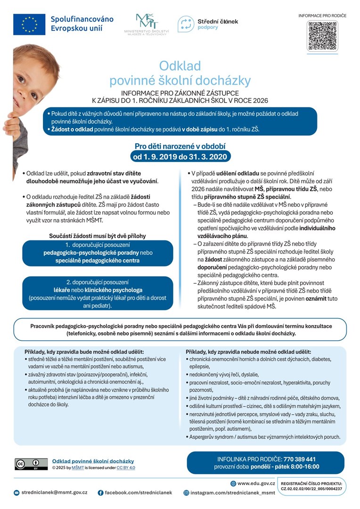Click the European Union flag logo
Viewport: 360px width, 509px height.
coord(29,24)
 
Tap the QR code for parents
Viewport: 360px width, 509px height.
coord(322,36)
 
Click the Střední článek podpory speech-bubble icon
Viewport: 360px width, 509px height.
coord(186,24)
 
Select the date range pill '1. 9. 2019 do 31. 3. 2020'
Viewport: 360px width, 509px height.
coord(180,156)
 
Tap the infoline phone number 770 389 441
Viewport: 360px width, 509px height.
coord(299,459)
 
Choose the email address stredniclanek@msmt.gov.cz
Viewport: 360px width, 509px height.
coord(54,493)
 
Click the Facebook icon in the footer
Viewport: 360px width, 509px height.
coord(100,493)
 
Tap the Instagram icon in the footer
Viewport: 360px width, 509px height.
coord(187,493)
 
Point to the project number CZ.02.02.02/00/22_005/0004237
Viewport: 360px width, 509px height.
coord(311,489)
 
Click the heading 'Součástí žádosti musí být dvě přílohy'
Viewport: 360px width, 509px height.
coord(98,235)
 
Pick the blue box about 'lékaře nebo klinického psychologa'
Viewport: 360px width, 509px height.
coord(98,293)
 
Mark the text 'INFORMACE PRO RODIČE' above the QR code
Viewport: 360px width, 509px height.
coord(322,16)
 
